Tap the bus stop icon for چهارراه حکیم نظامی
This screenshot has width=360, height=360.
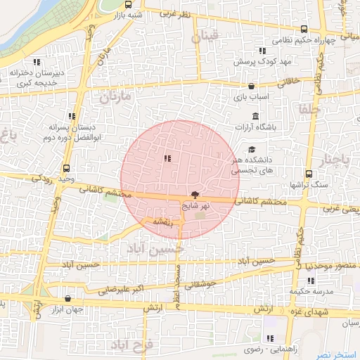(304, 30)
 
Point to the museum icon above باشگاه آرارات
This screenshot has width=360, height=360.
(254, 116)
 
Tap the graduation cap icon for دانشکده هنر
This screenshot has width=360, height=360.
(252, 149)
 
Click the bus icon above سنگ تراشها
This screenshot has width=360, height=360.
(309, 174)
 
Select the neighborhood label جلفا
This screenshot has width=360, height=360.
(309, 110)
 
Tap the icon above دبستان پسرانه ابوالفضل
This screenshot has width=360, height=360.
(72, 116)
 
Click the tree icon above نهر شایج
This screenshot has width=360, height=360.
(194, 195)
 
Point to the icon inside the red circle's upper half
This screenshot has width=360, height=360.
(167, 159)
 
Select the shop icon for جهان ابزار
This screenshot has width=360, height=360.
(67, 298)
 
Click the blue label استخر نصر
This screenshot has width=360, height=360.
(337, 353)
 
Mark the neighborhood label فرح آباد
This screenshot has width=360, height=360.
(131, 345)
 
